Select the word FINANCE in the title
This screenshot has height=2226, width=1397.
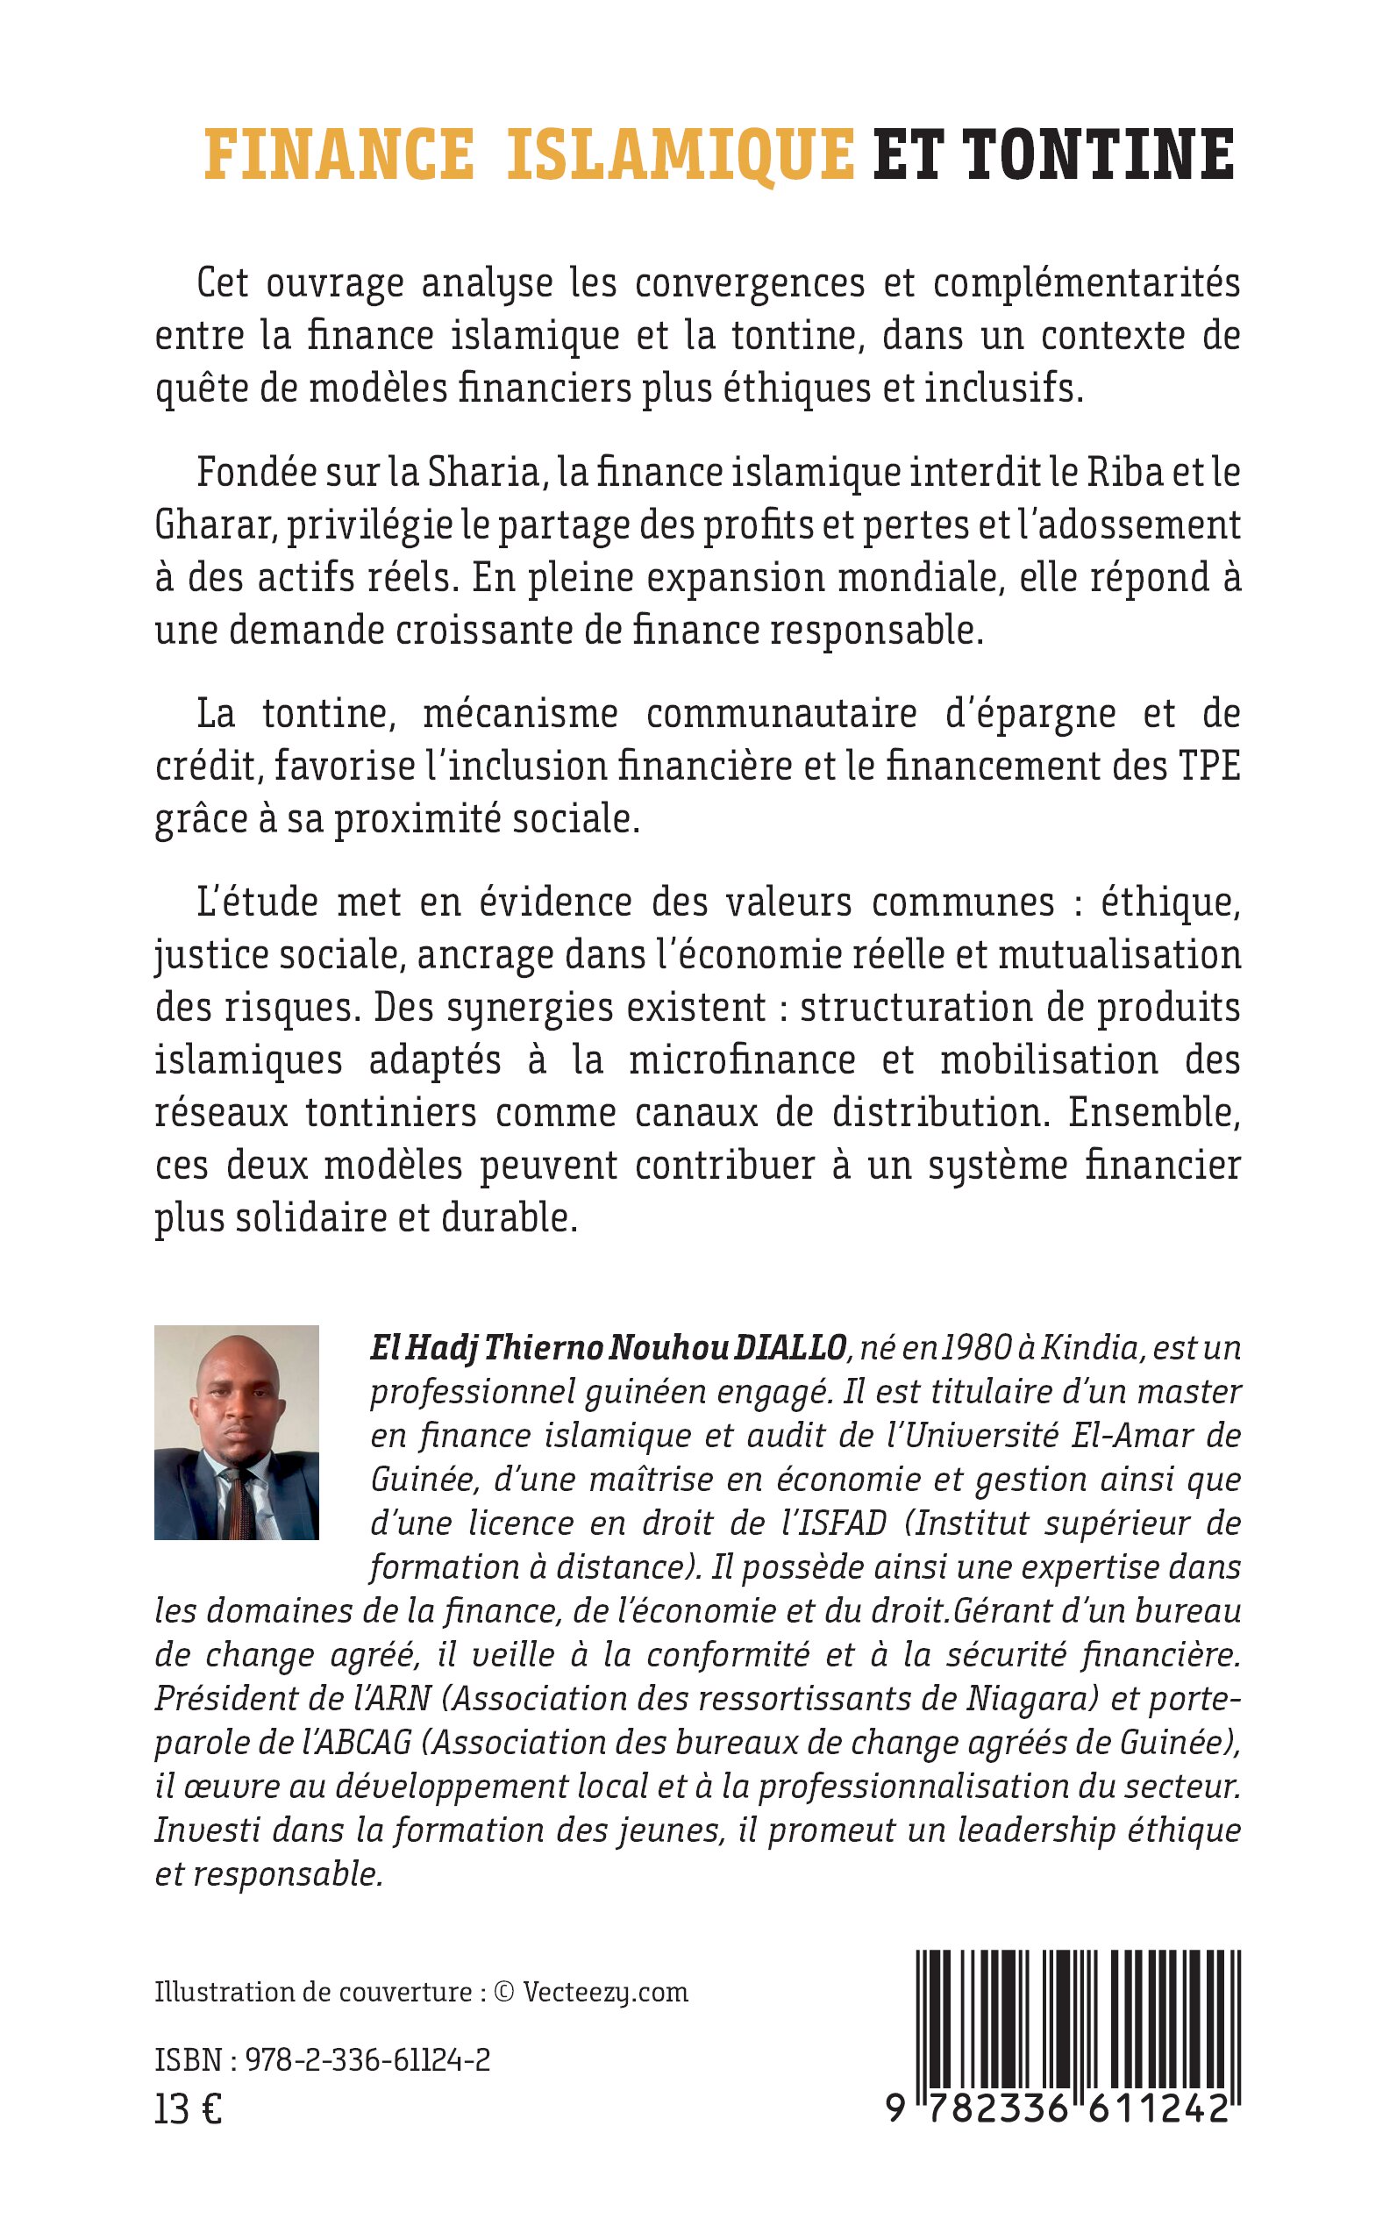pos(339,154)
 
